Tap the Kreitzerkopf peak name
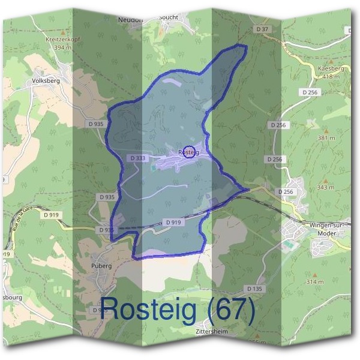tap(62, 39)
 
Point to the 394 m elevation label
tap(62, 47)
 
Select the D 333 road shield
tap(137, 158)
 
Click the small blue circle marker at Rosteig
tap(188, 151)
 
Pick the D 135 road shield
tap(254, 289)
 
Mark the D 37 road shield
tap(261, 29)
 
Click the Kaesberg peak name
tap(331, 69)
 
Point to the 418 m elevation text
tap(331, 77)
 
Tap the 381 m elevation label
tap(326, 138)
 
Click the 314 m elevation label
tap(314, 281)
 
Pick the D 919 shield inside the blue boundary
tap(173, 222)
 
